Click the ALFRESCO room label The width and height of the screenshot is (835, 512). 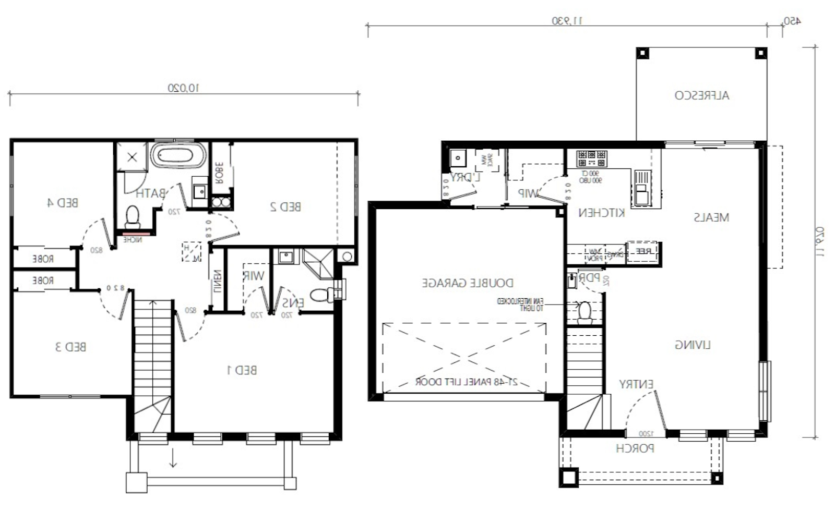(701, 95)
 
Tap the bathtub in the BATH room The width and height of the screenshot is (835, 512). (178, 156)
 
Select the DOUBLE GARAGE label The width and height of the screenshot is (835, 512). (468, 283)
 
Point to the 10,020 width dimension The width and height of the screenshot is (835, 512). (183, 88)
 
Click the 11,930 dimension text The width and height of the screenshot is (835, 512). (567, 21)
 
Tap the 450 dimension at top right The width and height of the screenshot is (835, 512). (792, 21)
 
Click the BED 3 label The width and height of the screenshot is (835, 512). (70, 347)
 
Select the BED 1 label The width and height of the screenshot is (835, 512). (242, 370)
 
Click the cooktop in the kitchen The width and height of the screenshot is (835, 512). (591, 158)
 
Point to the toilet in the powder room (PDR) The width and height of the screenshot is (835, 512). (585, 312)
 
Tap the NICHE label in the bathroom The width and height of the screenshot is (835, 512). (133, 240)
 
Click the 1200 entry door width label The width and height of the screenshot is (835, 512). (646, 434)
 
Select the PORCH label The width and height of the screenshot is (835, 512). (635, 448)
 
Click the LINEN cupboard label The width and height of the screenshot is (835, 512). (218, 282)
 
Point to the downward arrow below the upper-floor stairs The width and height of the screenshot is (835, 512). (173, 459)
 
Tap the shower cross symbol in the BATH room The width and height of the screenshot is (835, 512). (132, 157)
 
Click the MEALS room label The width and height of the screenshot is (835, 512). (711, 217)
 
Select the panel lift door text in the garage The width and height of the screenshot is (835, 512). (466, 382)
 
